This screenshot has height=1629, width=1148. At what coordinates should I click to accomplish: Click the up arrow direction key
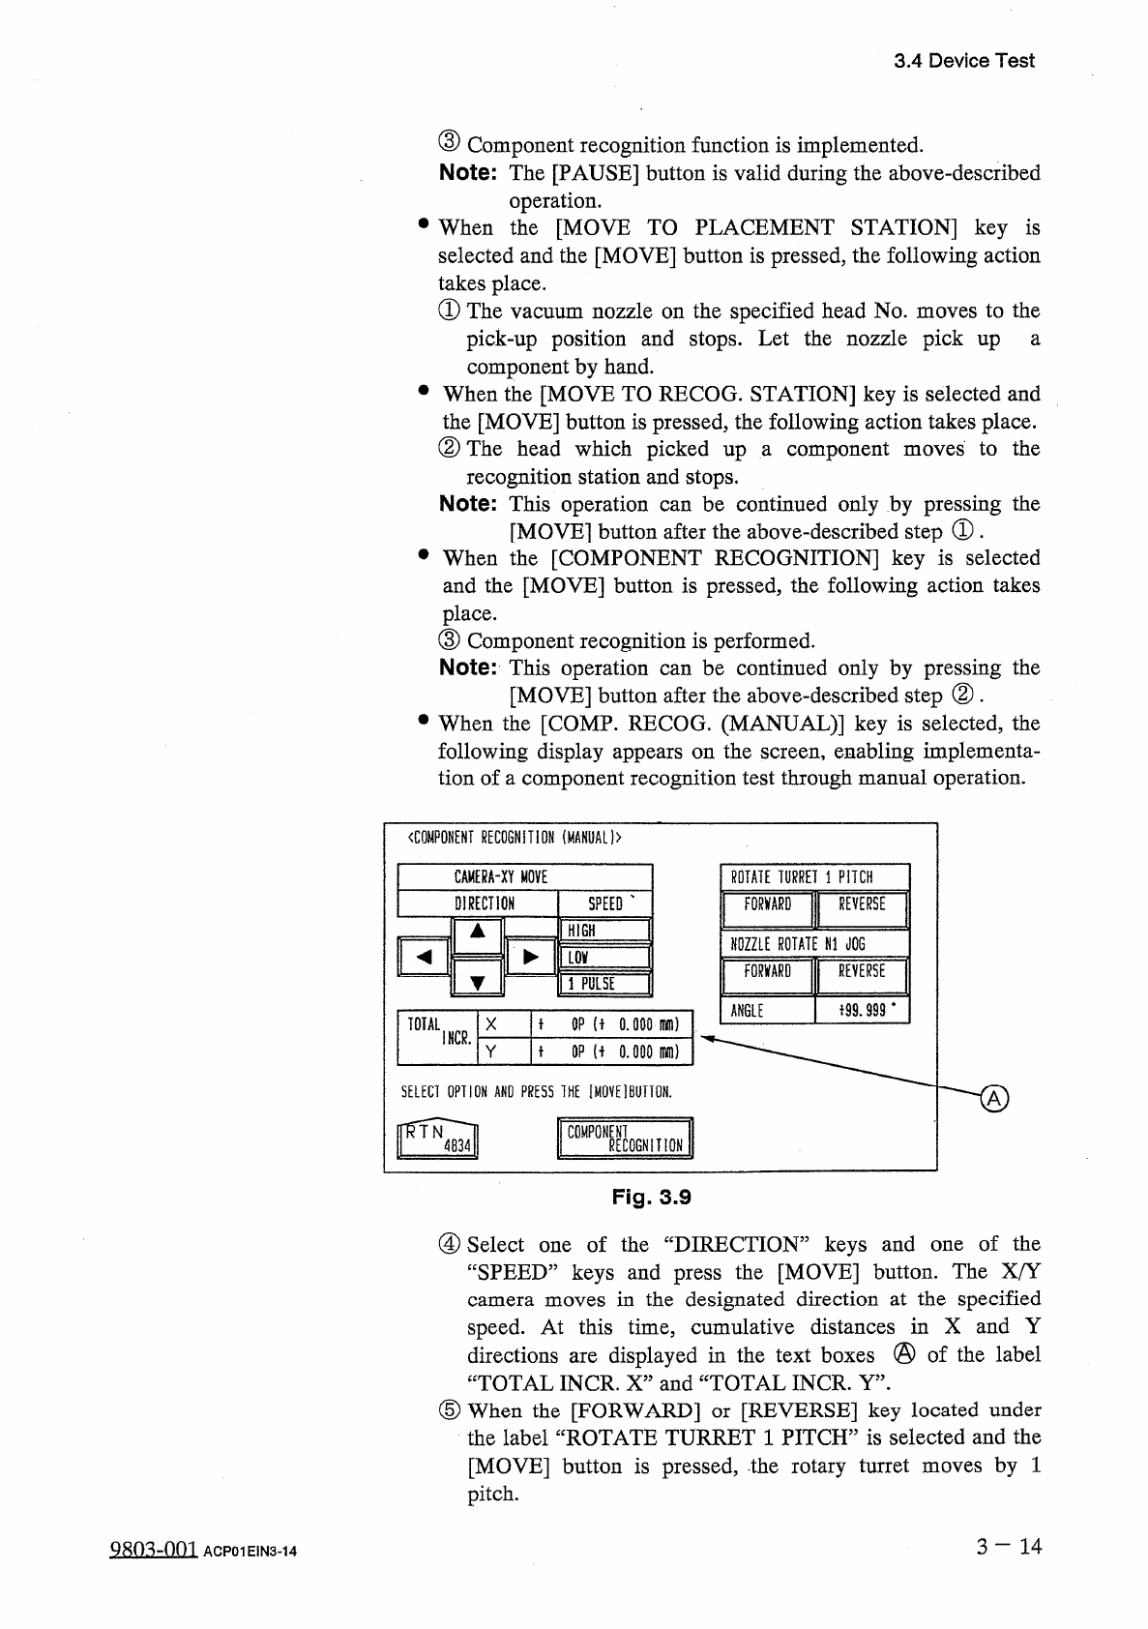pos(478,935)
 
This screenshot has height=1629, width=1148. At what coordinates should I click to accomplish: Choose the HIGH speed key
pos(604,931)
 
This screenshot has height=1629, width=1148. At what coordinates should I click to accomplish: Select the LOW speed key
pos(604,958)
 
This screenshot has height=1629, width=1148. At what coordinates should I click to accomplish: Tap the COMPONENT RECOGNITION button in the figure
pos(626,1138)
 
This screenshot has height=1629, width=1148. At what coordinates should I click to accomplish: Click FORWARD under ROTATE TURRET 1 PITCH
pos(767,906)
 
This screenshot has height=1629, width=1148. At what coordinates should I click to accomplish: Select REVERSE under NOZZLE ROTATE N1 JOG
pos(862,973)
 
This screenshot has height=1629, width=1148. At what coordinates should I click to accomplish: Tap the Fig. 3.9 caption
pos(651,1197)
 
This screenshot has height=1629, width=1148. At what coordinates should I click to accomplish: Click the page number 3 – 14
pos(1009,1546)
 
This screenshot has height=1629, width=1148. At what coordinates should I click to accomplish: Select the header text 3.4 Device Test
pos(963,61)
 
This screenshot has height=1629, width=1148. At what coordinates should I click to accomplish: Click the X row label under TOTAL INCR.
pos(491,1024)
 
